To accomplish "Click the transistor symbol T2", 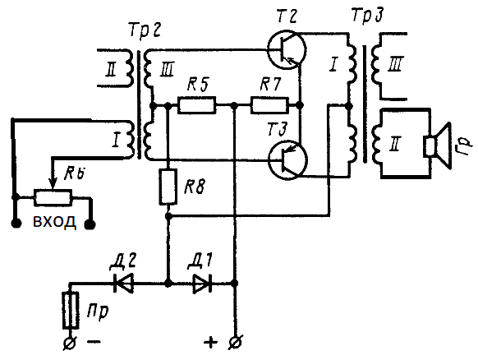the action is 287,49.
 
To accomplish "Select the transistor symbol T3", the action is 287,160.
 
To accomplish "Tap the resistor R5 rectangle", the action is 196,105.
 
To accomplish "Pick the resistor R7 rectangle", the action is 269,105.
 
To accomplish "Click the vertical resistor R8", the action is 168,187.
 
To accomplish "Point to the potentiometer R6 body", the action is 53,197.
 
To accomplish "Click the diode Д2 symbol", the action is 123,284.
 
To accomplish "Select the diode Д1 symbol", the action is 203,284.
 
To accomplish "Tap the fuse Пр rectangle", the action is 71,310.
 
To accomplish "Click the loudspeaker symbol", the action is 438,145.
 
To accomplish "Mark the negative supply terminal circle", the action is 69,344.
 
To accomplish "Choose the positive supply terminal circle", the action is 235,342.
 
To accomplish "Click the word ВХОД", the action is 54,222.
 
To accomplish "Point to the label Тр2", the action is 145,32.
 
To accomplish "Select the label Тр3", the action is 367,15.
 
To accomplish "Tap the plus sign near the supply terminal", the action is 210,342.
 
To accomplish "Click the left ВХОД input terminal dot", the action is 16,224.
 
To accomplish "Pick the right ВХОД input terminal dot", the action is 90,225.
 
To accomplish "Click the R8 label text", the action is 195,186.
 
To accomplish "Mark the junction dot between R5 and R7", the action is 234,105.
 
